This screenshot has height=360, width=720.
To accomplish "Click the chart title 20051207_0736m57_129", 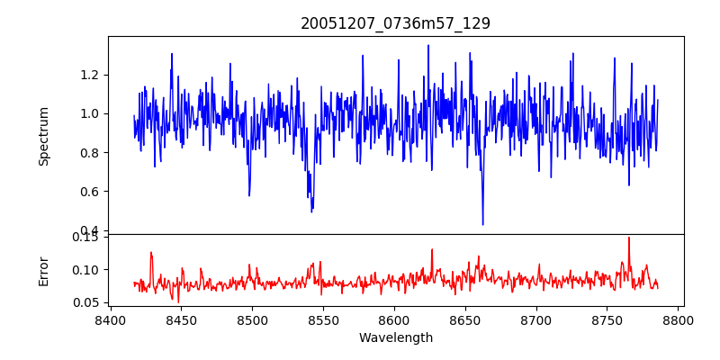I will (395, 23).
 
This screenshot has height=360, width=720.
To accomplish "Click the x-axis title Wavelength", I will (395, 338).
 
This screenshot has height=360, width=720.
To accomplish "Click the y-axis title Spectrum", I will (43, 136).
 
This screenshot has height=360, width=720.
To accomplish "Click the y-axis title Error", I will (43, 270).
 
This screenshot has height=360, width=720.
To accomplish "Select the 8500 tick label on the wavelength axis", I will (252, 319).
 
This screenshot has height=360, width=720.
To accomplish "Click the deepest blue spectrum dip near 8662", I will (482, 224).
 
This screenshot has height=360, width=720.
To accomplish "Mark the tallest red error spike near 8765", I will (629, 238).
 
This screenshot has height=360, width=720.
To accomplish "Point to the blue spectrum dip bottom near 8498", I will (249, 195).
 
